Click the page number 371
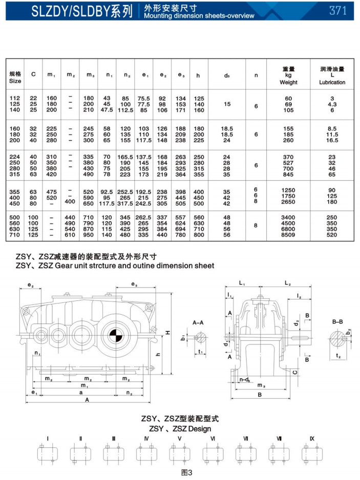pos(338,11)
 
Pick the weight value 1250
pos(288,190)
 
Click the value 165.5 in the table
pos(125,157)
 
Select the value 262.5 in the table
pos(144,217)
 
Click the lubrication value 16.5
pos(332,139)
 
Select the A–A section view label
pos(198,323)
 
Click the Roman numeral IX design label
pos(312,439)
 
